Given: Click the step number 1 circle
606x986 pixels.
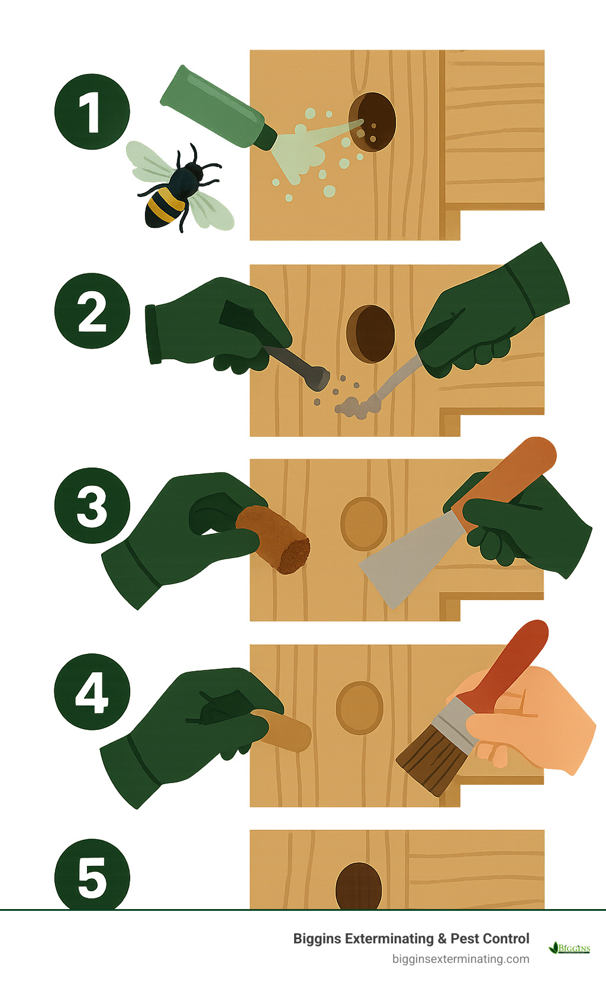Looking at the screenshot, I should [x=92, y=112].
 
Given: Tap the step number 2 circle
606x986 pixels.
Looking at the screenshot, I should [x=92, y=311].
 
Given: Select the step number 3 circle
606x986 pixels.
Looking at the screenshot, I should [x=92, y=505].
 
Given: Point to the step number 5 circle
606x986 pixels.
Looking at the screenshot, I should [x=92, y=876].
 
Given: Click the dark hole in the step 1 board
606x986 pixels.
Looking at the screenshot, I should [x=372, y=122].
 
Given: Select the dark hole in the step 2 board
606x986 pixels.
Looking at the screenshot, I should [x=370, y=333].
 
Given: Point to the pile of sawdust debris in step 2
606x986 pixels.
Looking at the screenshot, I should [x=354, y=407].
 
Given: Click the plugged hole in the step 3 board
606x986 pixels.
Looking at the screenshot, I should [x=363, y=524].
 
